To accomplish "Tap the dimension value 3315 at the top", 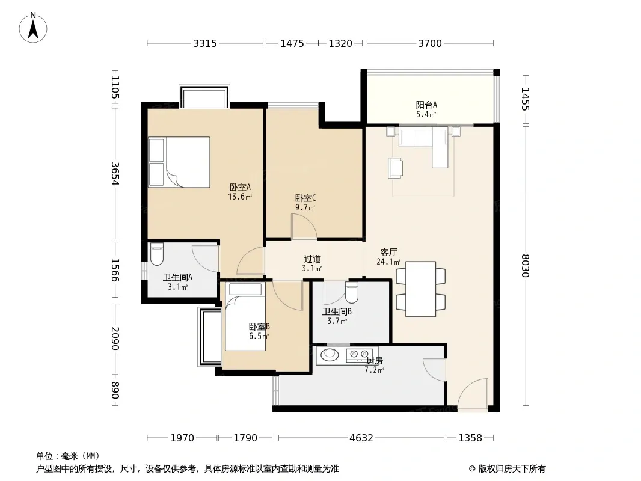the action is coord(205,43).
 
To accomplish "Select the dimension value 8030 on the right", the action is coord(526,266).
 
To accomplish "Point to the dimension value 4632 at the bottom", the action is coord(361,438).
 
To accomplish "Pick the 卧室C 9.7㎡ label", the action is coord(305,203).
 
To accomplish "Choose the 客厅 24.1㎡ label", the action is coord(388,257).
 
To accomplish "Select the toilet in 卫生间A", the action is coord(157,254).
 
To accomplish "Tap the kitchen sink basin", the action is coord(330,354).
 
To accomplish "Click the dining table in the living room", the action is coord(421,289).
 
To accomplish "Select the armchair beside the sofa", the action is coord(395,168).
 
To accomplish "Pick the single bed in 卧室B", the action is coord(245,317).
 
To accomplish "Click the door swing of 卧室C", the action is coord(304,226).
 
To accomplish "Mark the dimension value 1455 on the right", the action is coord(526,99).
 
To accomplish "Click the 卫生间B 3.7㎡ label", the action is coord(337,316).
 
